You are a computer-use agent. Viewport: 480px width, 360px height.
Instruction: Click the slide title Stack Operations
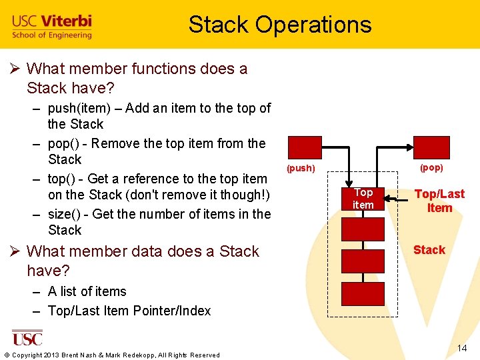[279, 25]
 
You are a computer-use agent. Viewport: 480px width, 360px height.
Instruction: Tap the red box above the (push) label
[304, 147]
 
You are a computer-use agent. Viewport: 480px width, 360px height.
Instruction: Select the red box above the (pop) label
[431, 147]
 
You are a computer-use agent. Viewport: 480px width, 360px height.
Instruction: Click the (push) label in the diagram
[301, 168]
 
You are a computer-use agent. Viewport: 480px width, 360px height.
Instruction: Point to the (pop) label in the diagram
[431, 167]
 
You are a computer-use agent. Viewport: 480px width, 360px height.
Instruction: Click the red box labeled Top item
[363, 198]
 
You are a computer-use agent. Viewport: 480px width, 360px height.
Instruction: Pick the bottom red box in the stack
[363, 294]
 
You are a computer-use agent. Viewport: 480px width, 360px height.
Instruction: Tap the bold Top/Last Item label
[439, 201]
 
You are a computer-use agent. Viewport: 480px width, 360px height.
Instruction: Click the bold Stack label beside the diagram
[429, 250]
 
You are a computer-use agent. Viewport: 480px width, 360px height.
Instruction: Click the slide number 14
[461, 349]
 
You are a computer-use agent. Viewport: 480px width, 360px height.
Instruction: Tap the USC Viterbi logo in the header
[52, 27]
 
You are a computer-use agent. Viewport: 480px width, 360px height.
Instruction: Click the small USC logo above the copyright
[27, 338]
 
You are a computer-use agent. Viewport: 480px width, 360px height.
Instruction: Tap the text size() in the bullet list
[66, 214]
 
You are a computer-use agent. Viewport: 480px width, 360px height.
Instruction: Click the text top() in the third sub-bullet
[63, 179]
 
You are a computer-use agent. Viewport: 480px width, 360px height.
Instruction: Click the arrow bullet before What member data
[17, 251]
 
